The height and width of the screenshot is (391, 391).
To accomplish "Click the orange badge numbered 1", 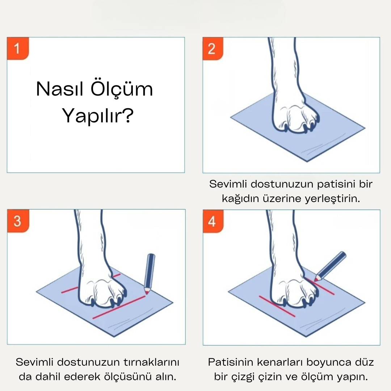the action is tap(18, 49).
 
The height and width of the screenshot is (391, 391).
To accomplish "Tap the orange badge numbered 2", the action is tap(213, 49).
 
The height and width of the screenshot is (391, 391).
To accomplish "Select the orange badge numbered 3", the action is tap(18, 221).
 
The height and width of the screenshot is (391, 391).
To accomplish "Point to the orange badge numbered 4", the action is tap(213, 221).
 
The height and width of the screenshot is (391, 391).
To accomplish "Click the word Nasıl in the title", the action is tap(59, 89).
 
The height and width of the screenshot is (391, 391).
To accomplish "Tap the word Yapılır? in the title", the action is tap(98, 116).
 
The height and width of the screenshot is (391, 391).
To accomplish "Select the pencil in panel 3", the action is tap(150, 274).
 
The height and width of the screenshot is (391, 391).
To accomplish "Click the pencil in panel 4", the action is tap(330, 266).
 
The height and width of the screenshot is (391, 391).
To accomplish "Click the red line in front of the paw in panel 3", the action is tap(119, 307).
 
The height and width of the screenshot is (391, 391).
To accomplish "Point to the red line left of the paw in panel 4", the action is tap(277, 307).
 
